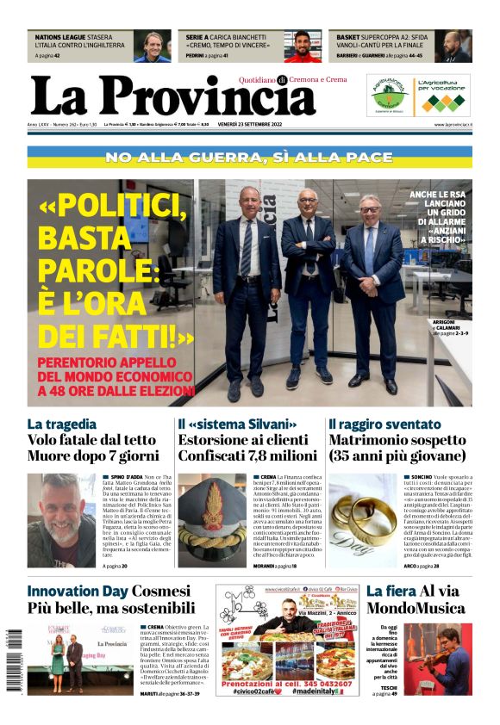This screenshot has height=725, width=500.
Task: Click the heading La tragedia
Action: [x=62, y=424]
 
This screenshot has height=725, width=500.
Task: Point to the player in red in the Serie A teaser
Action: [x=303, y=47]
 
